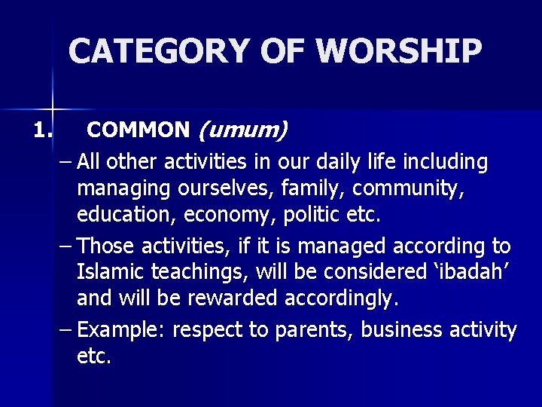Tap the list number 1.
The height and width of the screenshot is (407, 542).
(x=43, y=130)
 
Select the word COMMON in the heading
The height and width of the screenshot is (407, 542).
(x=139, y=130)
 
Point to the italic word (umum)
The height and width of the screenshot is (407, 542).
(x=242, y=130)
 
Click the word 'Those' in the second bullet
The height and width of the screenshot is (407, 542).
(x=103, y=246)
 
